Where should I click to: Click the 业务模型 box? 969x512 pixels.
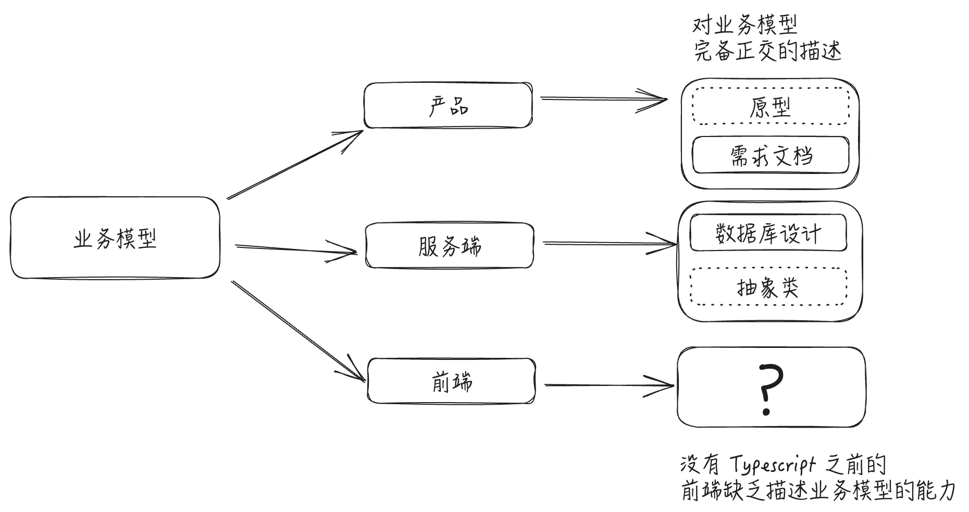point(115,238)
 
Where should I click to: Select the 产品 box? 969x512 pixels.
point(448,106)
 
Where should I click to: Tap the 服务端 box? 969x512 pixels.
point(449,246)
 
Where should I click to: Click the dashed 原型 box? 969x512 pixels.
point(770,107)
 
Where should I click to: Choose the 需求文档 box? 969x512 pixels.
point(770,155)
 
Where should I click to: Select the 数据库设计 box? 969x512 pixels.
point(768,233)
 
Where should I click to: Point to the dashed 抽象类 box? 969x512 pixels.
point(768,287)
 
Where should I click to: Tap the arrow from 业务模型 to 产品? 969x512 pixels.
point(295,165)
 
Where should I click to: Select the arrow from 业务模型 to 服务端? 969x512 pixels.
point(296,249)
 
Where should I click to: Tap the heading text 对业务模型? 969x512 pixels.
point(744,25)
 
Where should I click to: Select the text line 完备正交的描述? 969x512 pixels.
point(767,52)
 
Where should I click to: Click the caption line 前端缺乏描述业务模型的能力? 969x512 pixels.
point(818,491)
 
